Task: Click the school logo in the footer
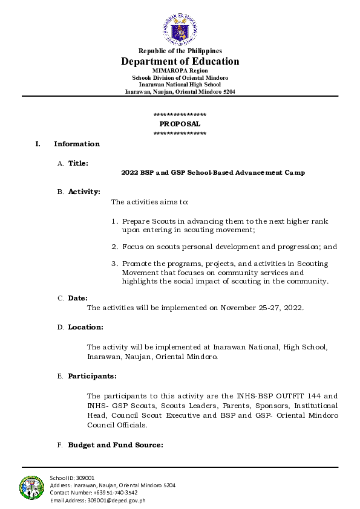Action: [32, 487]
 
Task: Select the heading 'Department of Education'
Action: [180, 62]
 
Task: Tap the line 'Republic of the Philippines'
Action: [180, 51]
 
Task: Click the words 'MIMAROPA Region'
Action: [180, 71]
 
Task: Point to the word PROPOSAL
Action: [180, 124]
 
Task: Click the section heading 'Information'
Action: [77, 144]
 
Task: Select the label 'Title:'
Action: [78, 163]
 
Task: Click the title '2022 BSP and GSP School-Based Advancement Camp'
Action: [213, 173]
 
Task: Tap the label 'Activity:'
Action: [83, 192]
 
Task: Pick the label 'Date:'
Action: [77, 298]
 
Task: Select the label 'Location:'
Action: [85, 327]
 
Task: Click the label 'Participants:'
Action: [92, 376]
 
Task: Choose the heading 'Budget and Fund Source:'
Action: [115, 445]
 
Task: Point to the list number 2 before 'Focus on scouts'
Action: [114, 247]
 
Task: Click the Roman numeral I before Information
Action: [38, 144]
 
